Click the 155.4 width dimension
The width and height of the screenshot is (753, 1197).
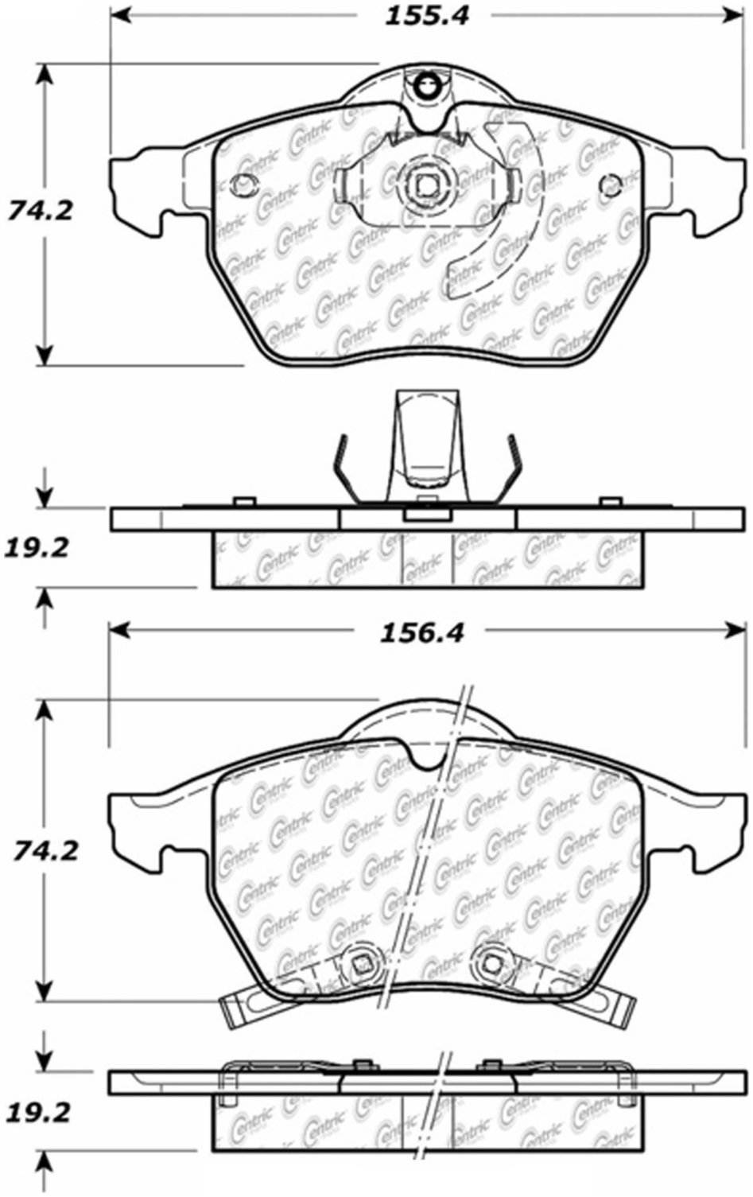pyautogui.click(x=427, y=16)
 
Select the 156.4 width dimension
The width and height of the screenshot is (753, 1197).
pyautogui.click(x=421, y=632)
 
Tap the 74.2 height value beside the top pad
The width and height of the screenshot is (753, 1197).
pyautogui.click(x=41, y=211)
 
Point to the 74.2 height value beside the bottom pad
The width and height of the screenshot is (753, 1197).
pyautogui.click(x=45, y=850)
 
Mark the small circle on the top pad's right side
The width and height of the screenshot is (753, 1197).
pyautogui.click(x=611, y=185)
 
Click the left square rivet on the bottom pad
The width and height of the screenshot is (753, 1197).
pyautogui.click(x=362, y=965)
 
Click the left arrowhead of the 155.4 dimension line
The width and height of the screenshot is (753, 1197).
pyautogui.click(x=119, y=16)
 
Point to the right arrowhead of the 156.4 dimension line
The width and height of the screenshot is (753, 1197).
pyautogui.click(x=732, y=631)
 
